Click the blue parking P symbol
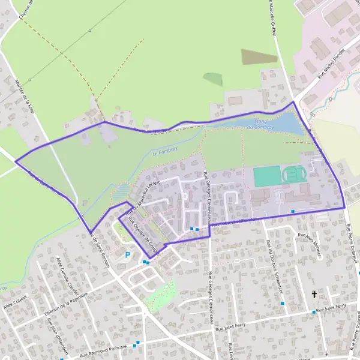pyautogui.click(x=127, y=254)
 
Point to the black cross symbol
pyautogui.click(x=314, y=295)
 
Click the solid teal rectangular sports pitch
pyautogui.click(x=266, y=176)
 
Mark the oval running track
pyautogui.click(x=294, y=174)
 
